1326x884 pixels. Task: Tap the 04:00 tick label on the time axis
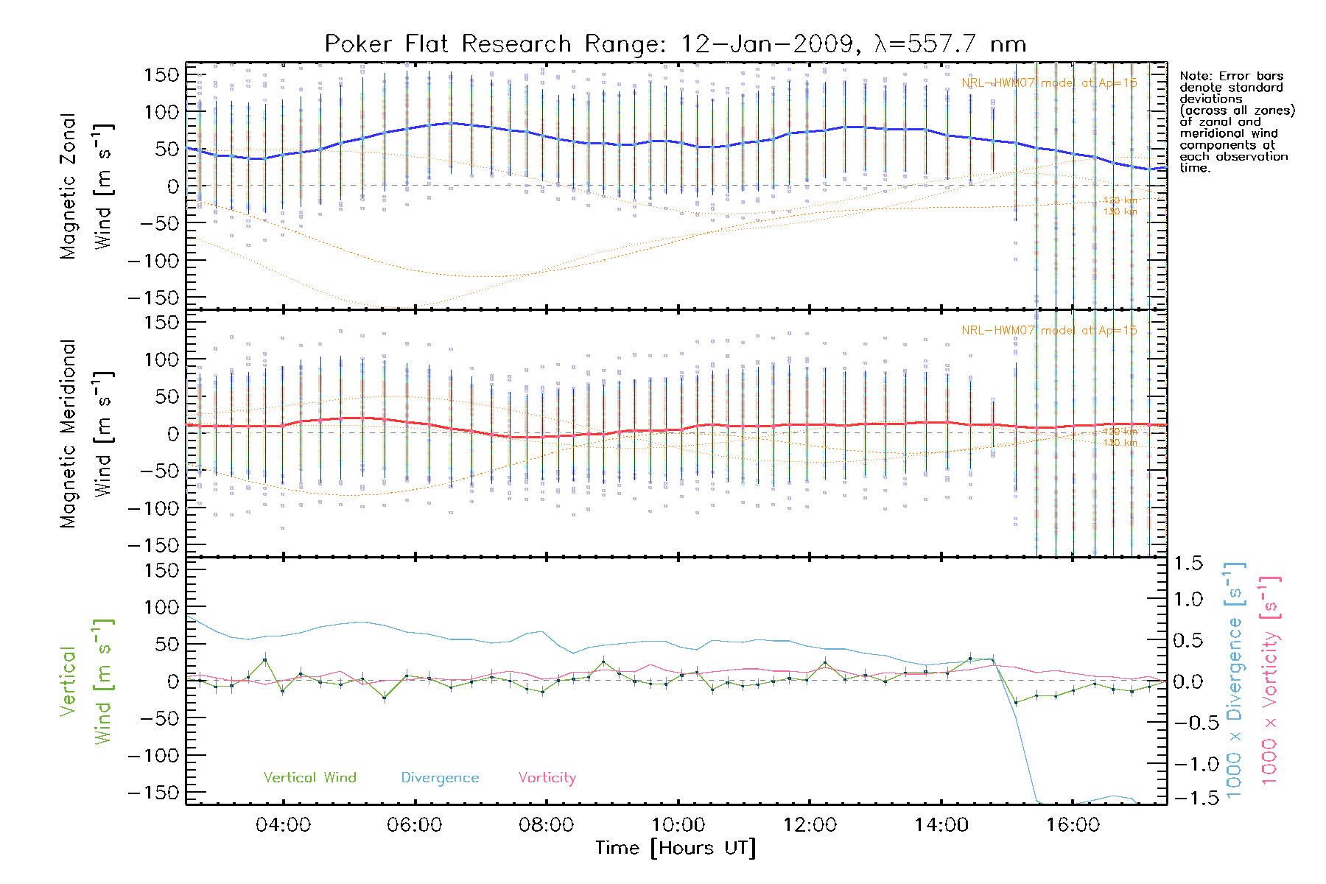click(x=283, y=824)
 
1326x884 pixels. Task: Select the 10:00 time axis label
click(x=678, y=824)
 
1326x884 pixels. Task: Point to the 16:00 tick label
click(x=1073, y=824)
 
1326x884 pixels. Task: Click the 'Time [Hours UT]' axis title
click(x=676, y=848)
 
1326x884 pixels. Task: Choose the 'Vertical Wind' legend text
click(x=309, y=777)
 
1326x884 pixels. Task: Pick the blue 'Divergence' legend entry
click(x=440, y=777)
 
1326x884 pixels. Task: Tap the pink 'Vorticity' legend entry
click(x=547, y=777)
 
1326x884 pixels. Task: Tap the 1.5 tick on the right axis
click(x=1188, y=564)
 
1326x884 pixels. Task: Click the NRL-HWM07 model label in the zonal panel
click(x=1049, y=83)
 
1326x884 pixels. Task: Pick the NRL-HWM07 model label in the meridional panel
click(x=1049, y=330)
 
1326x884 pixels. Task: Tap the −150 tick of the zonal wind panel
click(x=153, y=298)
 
